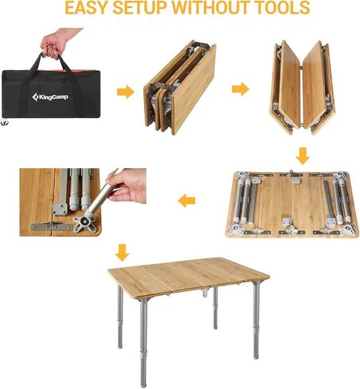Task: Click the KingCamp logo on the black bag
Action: tap(50, 97)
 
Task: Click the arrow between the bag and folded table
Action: tap(125, 92)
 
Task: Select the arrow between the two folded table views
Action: tap(241, 89)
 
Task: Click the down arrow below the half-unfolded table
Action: tap(303, 155)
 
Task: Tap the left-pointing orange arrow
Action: tap(186, 201)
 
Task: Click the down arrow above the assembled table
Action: tap(122, 253)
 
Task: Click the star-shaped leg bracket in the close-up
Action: tap(84, 221)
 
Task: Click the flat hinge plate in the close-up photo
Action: tap(52, 226)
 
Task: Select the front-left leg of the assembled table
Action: tap(143, 342)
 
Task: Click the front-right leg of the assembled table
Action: tap(256, 320)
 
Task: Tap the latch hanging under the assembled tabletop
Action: tap(205, 293)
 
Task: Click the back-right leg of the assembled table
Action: tap(215, 308)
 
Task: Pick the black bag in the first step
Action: tap(51, 89)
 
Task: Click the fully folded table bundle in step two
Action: tap(180, 88)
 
